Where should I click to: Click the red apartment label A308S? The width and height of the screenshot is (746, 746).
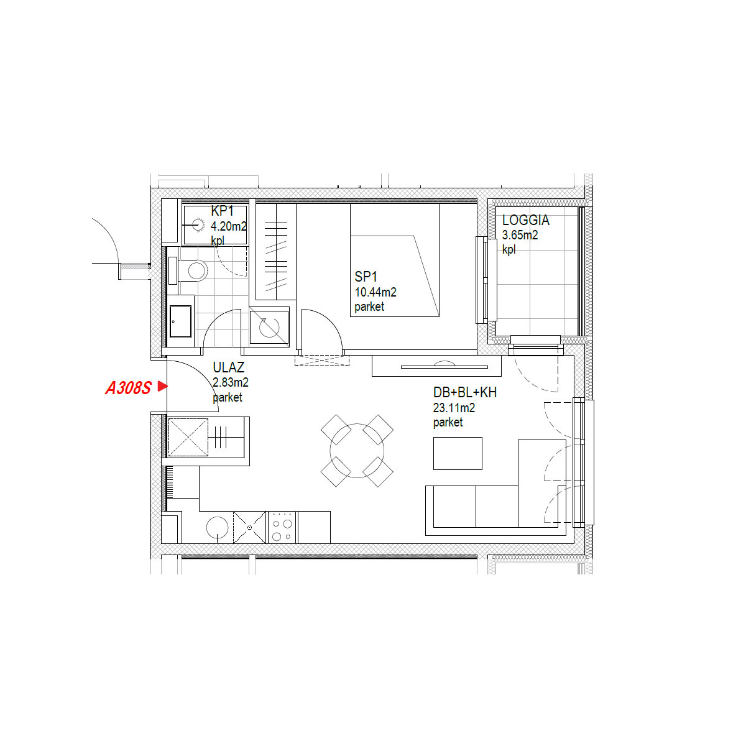128,387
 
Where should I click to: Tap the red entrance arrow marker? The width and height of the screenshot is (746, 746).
162,386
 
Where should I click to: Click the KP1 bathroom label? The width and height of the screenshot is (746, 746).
222,211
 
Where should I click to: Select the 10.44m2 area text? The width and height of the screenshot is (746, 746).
375,292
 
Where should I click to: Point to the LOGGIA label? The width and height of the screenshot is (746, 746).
525,220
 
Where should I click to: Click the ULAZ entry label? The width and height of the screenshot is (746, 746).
228,367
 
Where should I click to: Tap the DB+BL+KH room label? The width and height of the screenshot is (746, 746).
464,392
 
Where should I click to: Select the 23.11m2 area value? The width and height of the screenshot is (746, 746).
454,408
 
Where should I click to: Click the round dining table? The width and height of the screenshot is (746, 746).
357,451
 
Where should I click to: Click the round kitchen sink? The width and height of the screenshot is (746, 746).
217,528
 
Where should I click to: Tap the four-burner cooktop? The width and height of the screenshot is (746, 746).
282,528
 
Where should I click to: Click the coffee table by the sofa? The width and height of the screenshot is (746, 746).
458,453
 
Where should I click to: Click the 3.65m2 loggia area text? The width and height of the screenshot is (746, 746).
520,235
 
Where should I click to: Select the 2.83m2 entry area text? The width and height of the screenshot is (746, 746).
231,382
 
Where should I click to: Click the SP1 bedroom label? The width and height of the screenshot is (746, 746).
366,277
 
